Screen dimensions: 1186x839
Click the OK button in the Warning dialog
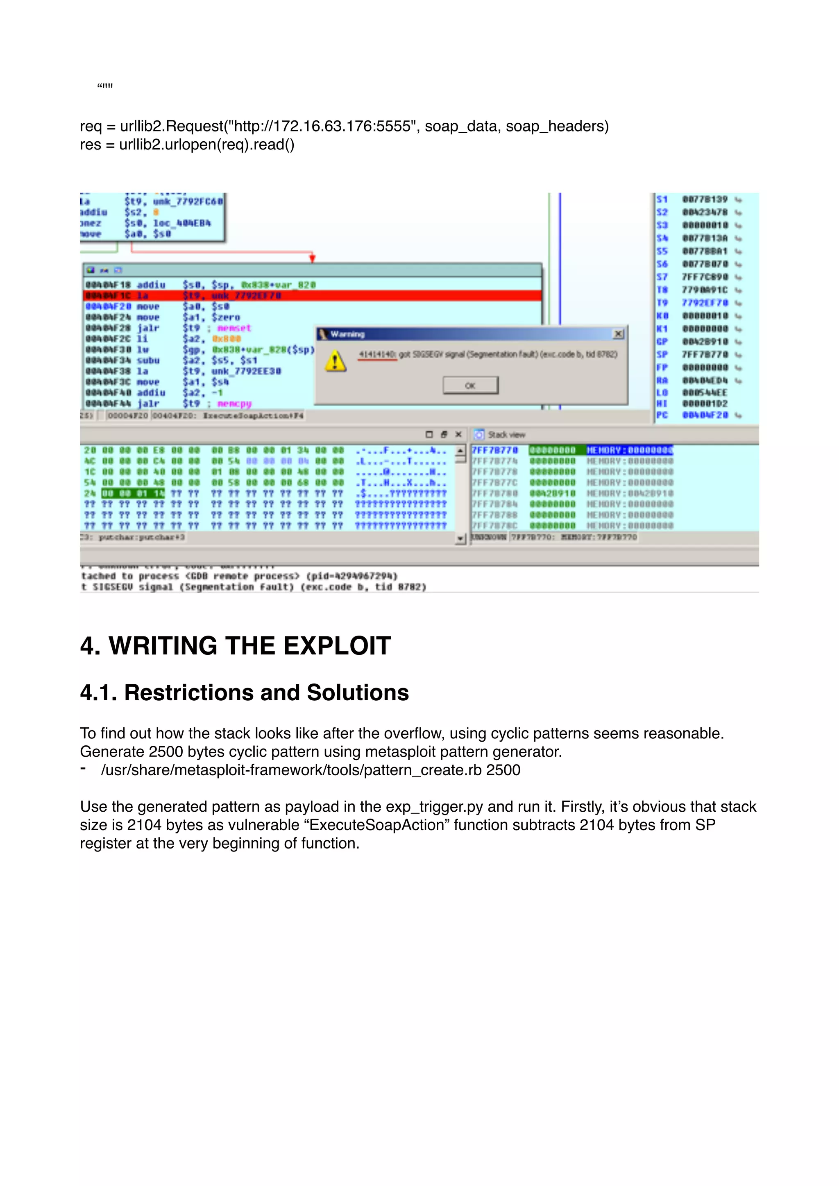470,385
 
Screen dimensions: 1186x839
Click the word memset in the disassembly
234,328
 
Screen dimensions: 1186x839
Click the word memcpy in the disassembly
234,403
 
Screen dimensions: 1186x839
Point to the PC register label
662,415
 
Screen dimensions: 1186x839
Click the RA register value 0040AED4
705,380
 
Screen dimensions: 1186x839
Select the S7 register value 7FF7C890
705,277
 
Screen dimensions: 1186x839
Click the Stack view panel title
506,435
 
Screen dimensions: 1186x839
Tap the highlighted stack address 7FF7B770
494,450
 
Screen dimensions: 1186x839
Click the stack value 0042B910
552,493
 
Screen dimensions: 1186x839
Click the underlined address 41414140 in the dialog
377,354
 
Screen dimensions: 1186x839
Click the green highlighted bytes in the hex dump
133,493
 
